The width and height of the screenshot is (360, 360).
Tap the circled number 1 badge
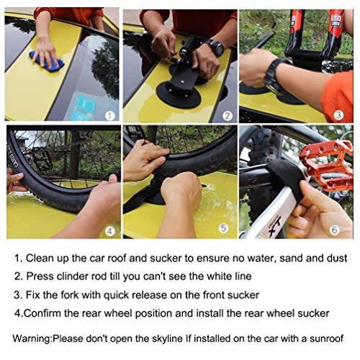[109, 114]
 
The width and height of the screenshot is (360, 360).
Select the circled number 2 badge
[226, 114]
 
